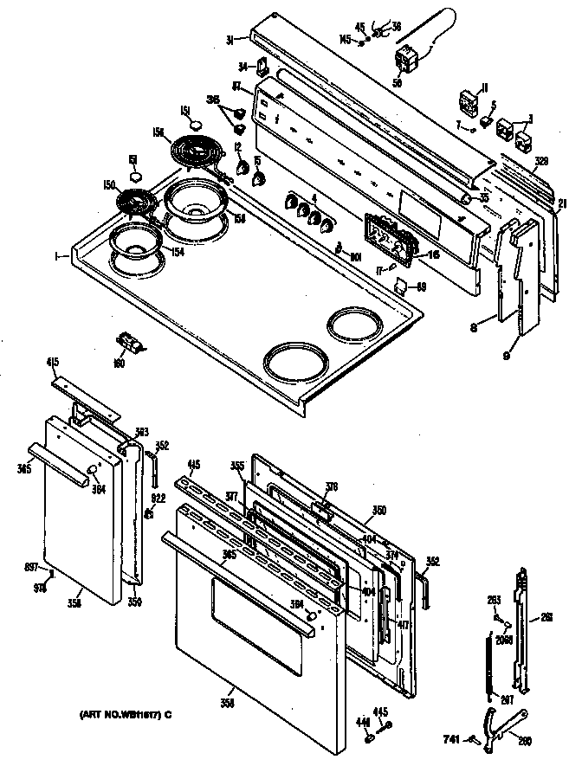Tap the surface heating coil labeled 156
pyautogui.click(x=195, y=156)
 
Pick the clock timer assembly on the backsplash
pyautogui.click(x=388, y=235)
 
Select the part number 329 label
pyautogui.click(x=517, y=162)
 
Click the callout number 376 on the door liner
pyautogui.click(x=331, y=487)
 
